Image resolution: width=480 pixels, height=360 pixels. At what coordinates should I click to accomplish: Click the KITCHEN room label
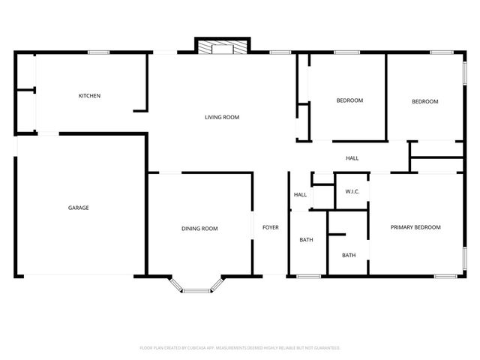point(90,96)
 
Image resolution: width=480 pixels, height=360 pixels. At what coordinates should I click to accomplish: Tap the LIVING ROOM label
point(222,117)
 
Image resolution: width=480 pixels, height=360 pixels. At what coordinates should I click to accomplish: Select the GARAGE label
point(79,208)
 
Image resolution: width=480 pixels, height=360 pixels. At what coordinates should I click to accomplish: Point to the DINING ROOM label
point(199,229)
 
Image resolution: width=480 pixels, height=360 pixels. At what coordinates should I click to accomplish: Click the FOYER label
point(270,227)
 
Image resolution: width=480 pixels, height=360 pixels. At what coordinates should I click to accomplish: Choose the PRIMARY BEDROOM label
point(415,227)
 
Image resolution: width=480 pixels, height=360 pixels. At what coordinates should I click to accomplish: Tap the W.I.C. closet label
point(352,192)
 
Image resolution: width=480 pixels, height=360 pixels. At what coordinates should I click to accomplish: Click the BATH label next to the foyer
point(306,240)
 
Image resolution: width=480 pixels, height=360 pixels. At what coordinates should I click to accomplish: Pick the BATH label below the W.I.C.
point(349,255)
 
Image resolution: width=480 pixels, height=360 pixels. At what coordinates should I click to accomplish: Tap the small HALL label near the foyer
point(300,195)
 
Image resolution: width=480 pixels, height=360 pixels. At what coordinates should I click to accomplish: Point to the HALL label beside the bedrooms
point(352,158)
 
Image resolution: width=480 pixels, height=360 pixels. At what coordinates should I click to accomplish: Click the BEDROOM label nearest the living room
point(349,100)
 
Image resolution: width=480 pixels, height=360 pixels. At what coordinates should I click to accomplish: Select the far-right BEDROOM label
point(424,101)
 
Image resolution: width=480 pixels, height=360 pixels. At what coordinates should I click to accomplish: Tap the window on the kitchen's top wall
point(99,52)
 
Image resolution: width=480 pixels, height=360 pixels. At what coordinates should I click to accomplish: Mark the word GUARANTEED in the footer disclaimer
point(325,348)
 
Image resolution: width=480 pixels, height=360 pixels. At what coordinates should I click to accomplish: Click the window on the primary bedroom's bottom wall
point(445,277)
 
